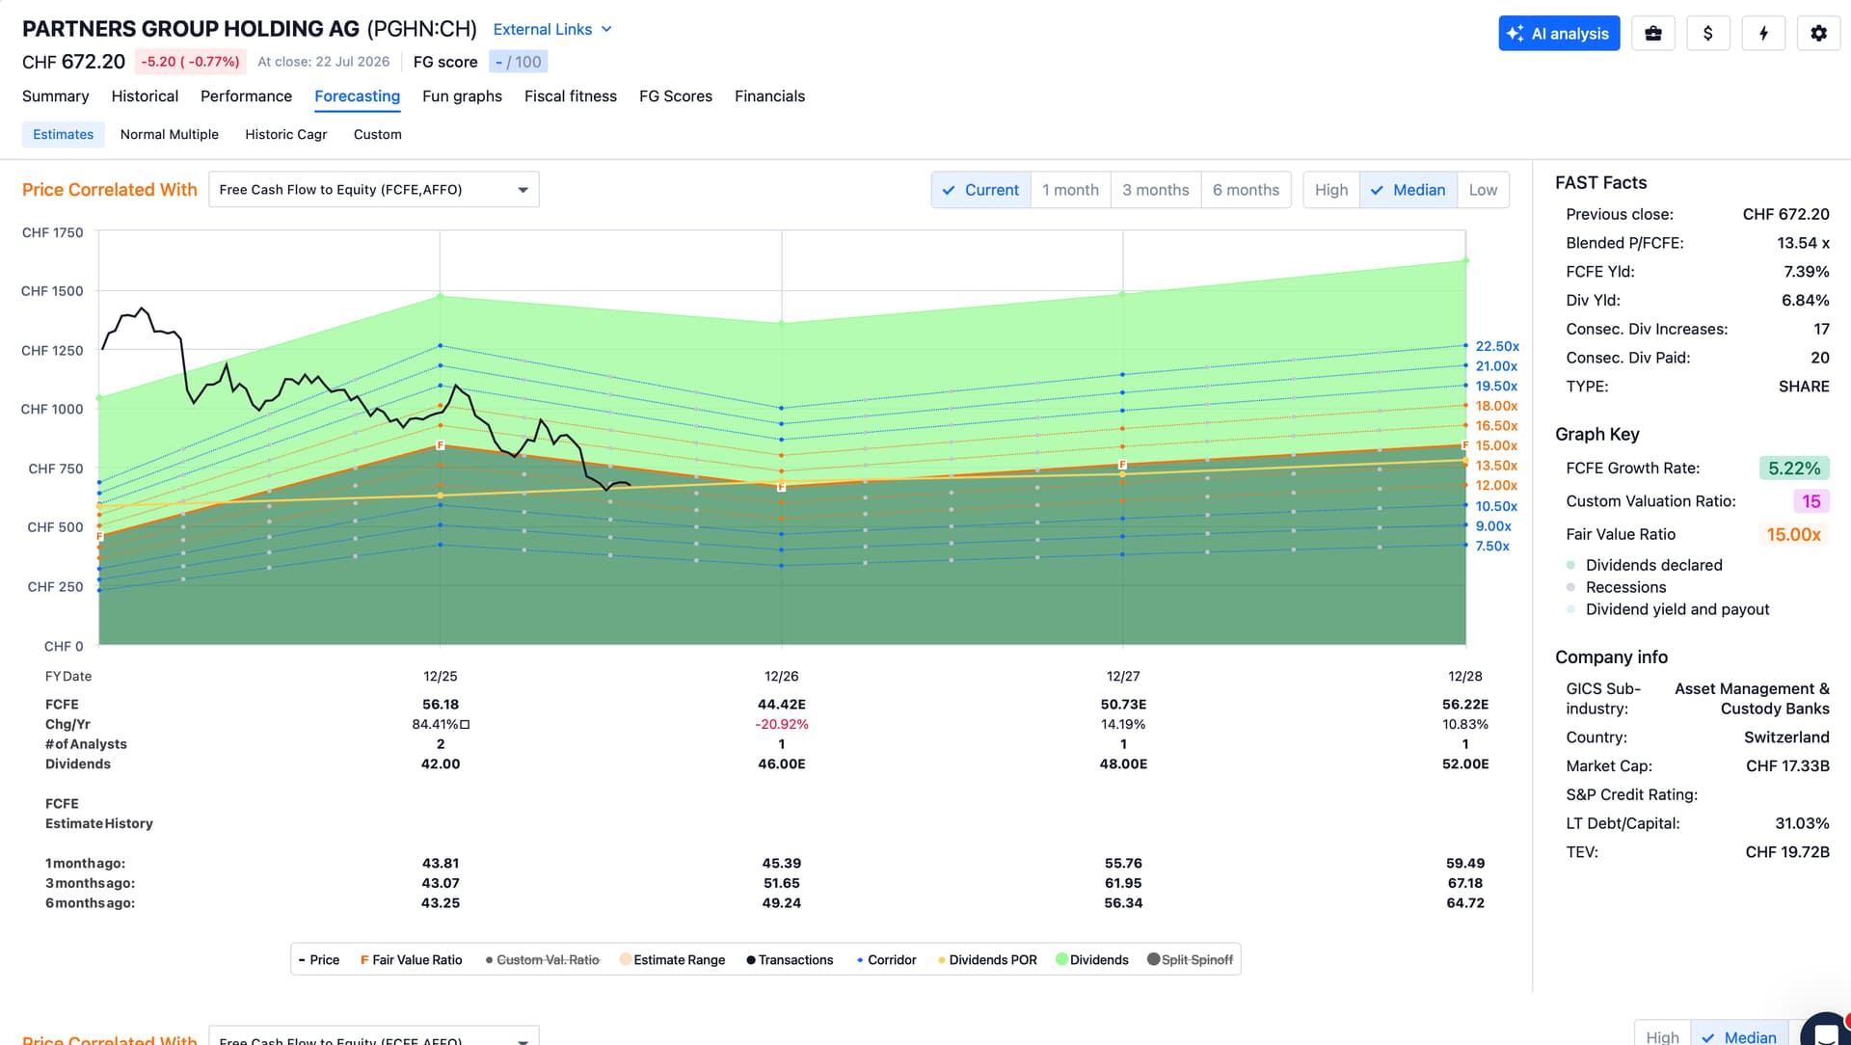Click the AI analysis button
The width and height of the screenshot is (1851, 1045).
click(x=1559, y=34)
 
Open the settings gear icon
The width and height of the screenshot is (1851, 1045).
click(x=1818, y=34)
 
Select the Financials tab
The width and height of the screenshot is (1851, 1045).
click(x=769, y=96)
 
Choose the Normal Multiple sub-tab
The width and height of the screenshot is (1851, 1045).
click(x=170, y=135)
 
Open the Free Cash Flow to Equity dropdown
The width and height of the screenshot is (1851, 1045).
click(x=374, y=190)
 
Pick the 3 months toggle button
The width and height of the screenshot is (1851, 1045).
click(x=1155, y=190)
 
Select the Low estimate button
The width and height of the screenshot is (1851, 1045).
click(x=1483, y=190)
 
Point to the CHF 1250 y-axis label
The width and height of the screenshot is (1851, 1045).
click(x=52, y=351)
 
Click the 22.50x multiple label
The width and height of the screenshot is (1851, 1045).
click(x=1497, y=346)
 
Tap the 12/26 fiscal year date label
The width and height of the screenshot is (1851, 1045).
click(x=782, y=677)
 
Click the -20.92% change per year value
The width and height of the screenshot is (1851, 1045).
click(x=782, y=725)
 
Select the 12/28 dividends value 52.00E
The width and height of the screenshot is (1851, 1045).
click(x=1465, y=764)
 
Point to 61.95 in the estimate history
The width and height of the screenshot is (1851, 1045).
click(x=1123, y=884)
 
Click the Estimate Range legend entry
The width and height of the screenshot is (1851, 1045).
click(x=673, y=960)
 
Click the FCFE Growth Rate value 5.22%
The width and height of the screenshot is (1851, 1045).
click(x=1794, y=469)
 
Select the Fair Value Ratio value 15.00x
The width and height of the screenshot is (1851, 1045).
click(x=1793, y=534)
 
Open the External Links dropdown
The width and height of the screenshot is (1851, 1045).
click(x=552, y=30)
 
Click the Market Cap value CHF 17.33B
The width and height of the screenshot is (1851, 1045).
click(x=1787, y=766)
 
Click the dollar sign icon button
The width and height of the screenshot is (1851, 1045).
click(x=1708, y=34)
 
